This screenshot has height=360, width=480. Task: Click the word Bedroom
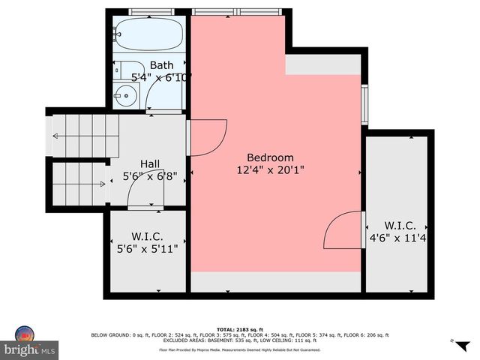270,157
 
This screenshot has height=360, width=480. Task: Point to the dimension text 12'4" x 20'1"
270,170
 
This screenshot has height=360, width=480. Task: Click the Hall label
150,163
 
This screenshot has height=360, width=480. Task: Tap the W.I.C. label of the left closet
147,236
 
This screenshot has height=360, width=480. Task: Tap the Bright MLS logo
30,343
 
